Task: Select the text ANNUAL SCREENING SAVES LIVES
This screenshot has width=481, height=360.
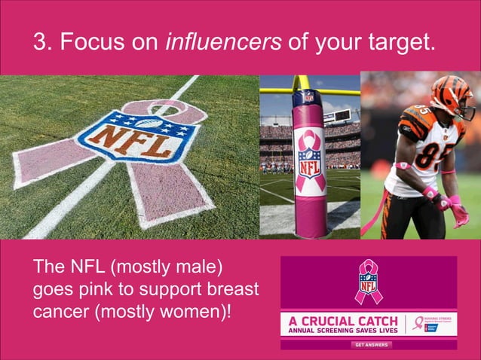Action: pos(344,330)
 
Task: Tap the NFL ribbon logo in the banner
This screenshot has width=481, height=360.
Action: pos(369,282)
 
